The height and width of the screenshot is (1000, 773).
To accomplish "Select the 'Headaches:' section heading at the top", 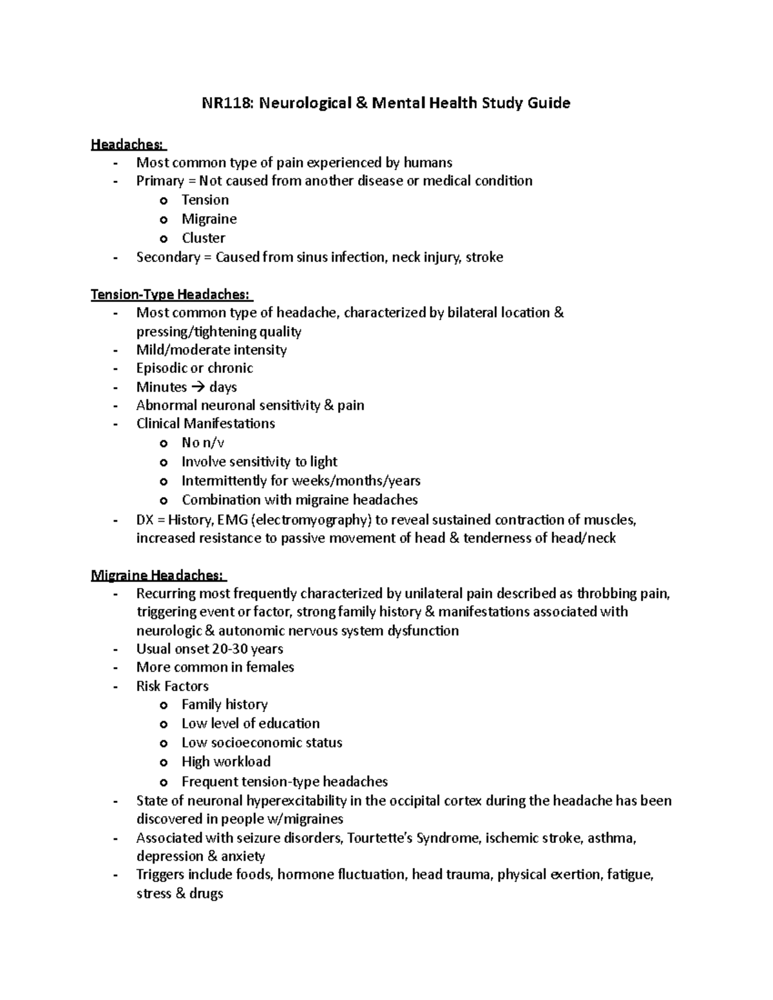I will [128, 144].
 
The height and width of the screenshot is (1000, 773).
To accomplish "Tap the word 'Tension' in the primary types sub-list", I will [205, 200].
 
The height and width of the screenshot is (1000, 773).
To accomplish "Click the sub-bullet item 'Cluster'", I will [203, 238].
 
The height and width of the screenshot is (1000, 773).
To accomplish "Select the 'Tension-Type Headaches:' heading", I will [171, 295].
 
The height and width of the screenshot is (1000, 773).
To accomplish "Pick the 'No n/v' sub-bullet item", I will [202, 443].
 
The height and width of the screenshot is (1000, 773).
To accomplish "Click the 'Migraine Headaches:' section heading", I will [158, 575].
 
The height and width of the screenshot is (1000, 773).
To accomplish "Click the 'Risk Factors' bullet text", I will [172, 686].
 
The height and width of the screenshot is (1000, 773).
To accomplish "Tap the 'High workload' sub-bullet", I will [225, 762].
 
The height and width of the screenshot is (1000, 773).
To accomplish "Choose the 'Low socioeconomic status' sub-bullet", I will [262, 743].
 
